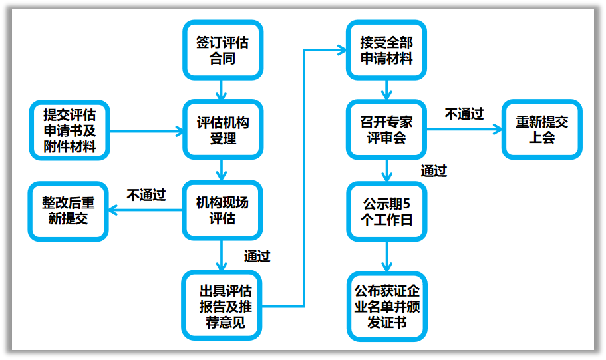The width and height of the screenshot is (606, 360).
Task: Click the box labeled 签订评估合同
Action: [223, 50]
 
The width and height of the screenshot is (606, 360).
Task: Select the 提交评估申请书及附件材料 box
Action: [69, 130]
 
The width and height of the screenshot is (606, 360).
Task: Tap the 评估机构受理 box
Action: [223, 130]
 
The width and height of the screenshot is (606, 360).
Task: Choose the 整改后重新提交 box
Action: [68, 210]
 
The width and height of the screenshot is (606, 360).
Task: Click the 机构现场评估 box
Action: [223, 210]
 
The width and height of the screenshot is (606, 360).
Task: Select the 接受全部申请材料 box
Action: [386, 50]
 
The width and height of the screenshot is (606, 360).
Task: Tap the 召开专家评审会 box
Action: [386, 130]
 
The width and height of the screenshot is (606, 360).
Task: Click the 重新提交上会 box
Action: [541, 130]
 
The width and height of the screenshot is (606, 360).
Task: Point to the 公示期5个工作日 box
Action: [386, 210]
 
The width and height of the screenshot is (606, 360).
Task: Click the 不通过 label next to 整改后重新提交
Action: [146, 195]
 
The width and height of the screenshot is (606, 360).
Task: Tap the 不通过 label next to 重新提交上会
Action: [464, 114]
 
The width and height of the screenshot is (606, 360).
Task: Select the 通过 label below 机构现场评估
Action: [257, 256]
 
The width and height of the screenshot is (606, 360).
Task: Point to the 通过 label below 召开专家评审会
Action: [434, 171]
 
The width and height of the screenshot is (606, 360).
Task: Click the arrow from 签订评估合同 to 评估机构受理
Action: [223, 89]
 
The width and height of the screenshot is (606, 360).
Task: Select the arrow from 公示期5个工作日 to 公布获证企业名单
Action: [386, 256]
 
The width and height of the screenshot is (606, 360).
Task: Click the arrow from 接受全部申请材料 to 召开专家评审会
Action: [386, 89]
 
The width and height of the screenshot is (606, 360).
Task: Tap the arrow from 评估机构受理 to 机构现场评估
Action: [223, 170]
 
